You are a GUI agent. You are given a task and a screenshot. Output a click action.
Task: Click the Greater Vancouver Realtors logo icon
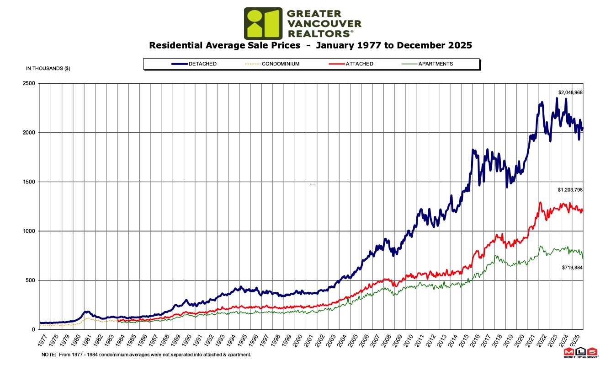[x=263, y=23]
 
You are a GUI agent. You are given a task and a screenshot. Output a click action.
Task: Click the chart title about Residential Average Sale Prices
[x=310, y=45]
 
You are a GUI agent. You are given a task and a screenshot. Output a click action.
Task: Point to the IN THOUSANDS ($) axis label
[x=48, y=69]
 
